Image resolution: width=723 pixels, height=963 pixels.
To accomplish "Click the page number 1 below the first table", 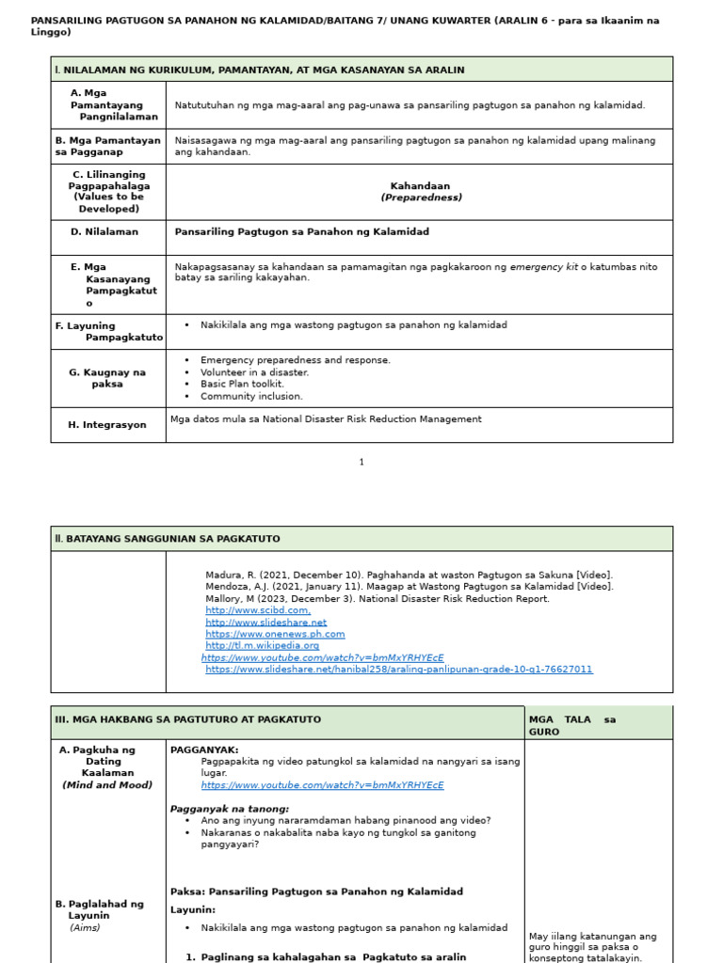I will coord(361,462).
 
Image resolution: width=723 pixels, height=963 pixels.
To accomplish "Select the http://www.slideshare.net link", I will coord(266,623).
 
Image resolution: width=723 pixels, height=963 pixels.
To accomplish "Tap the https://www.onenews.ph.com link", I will coord(275,634).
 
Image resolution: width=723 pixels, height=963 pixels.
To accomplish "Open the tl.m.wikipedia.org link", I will coord(263,646).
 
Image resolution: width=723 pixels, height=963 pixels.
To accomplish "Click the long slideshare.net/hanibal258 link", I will coord(399,670).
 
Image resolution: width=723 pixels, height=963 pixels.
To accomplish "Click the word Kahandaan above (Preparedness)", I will coord(420,186).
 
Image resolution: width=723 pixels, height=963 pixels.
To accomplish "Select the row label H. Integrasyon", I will coord(107,425).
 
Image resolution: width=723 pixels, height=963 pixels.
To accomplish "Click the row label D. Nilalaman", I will coord(104,231).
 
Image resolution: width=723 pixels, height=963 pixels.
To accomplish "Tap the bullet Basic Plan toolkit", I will coord(242,384).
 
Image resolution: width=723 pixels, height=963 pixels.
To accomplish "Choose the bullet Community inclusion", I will coord(251,396).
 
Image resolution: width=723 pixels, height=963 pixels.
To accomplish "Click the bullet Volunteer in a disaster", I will coord(254,372).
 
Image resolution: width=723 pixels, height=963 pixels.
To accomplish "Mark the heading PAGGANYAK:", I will coord(204,750).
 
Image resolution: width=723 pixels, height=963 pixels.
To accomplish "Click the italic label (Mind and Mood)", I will coord(107,785).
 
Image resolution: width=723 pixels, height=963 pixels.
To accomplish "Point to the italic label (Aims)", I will coord(85,927).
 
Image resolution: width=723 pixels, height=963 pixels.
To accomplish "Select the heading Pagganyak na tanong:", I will coord(230,809).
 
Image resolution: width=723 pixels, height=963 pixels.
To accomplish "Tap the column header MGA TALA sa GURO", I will coord(572,725).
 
